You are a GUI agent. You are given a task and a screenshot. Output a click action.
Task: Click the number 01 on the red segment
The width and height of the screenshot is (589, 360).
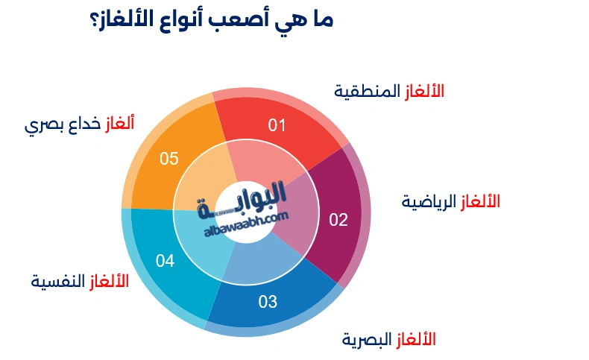coord(277,124)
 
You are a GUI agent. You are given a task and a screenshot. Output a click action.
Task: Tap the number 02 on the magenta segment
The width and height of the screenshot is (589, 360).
coord(338,219)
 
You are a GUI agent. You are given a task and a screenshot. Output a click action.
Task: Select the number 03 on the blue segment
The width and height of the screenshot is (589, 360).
coord(268,302)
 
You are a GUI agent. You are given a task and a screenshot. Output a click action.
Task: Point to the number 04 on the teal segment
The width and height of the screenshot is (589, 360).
coord(165,261)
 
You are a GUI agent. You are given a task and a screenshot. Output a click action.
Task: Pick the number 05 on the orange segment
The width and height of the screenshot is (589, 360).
coord(169,158)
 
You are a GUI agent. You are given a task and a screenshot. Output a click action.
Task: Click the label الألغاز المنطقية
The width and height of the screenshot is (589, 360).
coord(388,91)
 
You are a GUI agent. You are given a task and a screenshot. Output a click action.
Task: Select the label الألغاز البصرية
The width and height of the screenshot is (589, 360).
coord(388,340)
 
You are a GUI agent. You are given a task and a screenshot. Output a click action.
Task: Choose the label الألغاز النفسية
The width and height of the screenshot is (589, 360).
coord(80,282)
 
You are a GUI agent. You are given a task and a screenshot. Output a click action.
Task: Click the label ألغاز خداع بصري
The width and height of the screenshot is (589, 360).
coord(80,124)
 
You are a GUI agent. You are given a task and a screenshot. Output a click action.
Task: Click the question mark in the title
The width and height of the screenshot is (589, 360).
coord(96,20)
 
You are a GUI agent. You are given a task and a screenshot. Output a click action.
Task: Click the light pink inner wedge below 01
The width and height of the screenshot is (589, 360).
coord(257,160)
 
